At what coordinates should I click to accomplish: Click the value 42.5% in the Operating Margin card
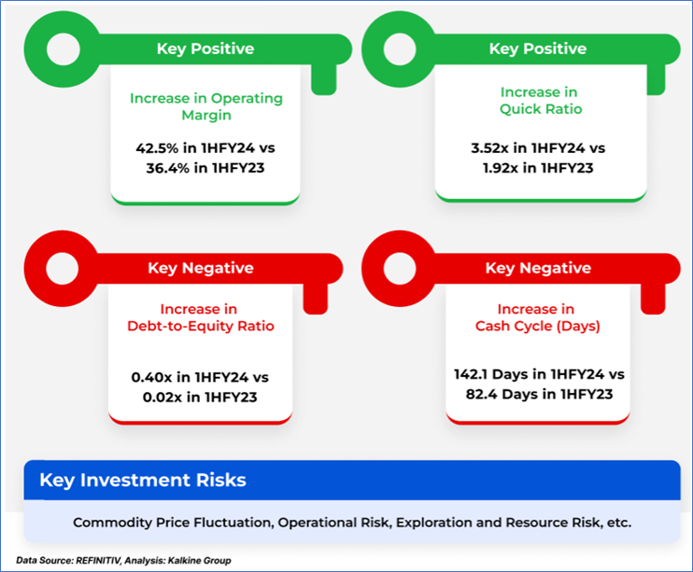click(157, 148)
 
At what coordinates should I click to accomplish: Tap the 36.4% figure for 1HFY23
click(168, 168)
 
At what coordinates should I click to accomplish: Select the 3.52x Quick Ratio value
click(489, 148)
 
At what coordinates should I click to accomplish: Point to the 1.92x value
click(501, 168)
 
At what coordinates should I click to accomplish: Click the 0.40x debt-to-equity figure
click(151, 378)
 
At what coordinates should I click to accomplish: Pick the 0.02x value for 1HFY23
click(163, 398)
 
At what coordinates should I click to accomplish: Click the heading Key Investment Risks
click(143, 481)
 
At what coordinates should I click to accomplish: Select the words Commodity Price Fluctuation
click(174, 523)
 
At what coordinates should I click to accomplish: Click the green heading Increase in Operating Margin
click(206, 106)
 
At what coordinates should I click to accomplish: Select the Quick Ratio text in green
click(541, 109)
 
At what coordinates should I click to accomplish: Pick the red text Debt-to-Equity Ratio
click(201, 326)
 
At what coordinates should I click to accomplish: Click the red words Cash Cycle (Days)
click(538, 326)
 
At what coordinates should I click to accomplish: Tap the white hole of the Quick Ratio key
click(400, 49)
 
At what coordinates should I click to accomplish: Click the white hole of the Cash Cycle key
click(400, 269)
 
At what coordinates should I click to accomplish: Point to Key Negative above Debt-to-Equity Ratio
click(201, 268)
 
